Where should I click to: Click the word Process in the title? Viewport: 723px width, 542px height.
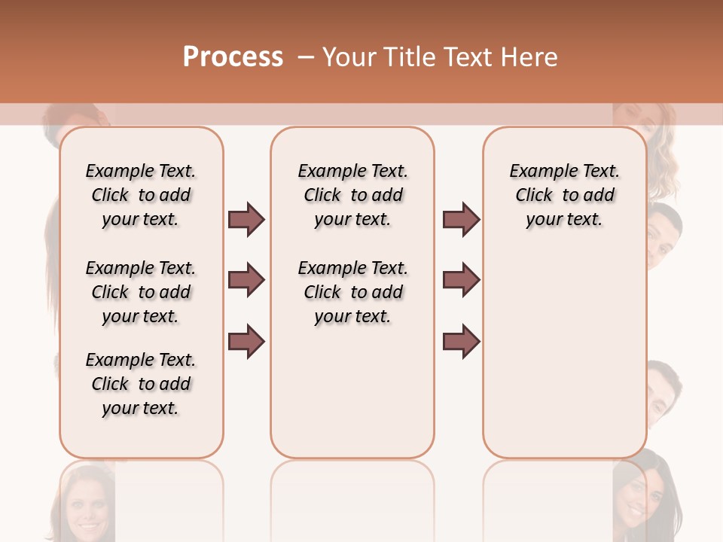click(x=233, y=57)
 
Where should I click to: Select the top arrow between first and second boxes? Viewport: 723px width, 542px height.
click(x=246, y=220)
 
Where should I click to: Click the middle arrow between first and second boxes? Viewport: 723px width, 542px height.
click(x=246, y=281)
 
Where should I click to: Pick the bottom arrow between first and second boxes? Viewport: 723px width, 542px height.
click(x=246, y=342)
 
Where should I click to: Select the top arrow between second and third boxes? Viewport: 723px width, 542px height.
click(x=461, y=220)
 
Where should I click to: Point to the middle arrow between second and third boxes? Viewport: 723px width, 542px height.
click(x=461, y=281)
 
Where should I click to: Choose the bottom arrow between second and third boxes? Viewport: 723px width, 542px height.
click(x=461, y=342)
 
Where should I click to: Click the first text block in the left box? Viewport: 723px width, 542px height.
click(x=141, y=195)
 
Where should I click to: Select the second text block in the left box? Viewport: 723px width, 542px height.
click(x=141, y=292)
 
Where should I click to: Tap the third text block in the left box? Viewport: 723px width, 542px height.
click(x=141, y=384)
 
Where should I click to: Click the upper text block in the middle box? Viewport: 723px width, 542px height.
click(x=352, y=195)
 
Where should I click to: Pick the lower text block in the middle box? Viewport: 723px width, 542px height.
click(x=352, y=292)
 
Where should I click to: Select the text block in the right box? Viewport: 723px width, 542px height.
click(x=564, y=195)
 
